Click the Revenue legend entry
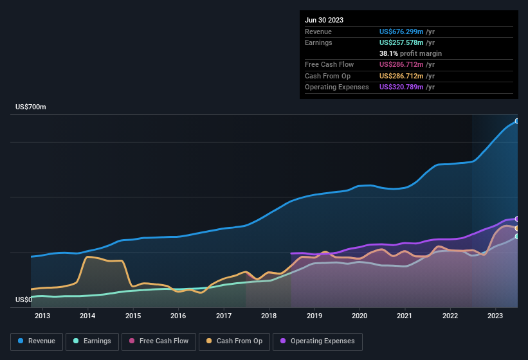click(37, 341)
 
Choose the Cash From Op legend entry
click(235, 341)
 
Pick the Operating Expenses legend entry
click(318, 341)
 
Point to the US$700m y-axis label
click(31, 107)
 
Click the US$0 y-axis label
click(24, 300)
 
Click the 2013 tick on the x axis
click(42, 316)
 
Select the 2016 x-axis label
click(178, 316)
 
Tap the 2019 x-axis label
click(314, 316)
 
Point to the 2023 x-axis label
click(495, 316)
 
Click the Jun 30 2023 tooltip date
click(324, 20)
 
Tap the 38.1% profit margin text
click(410, 53)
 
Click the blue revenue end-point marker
click(517, 121)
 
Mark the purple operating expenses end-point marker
click(517, 219)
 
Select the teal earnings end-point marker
click(517, 237)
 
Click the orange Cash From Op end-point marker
click(517, 228)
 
